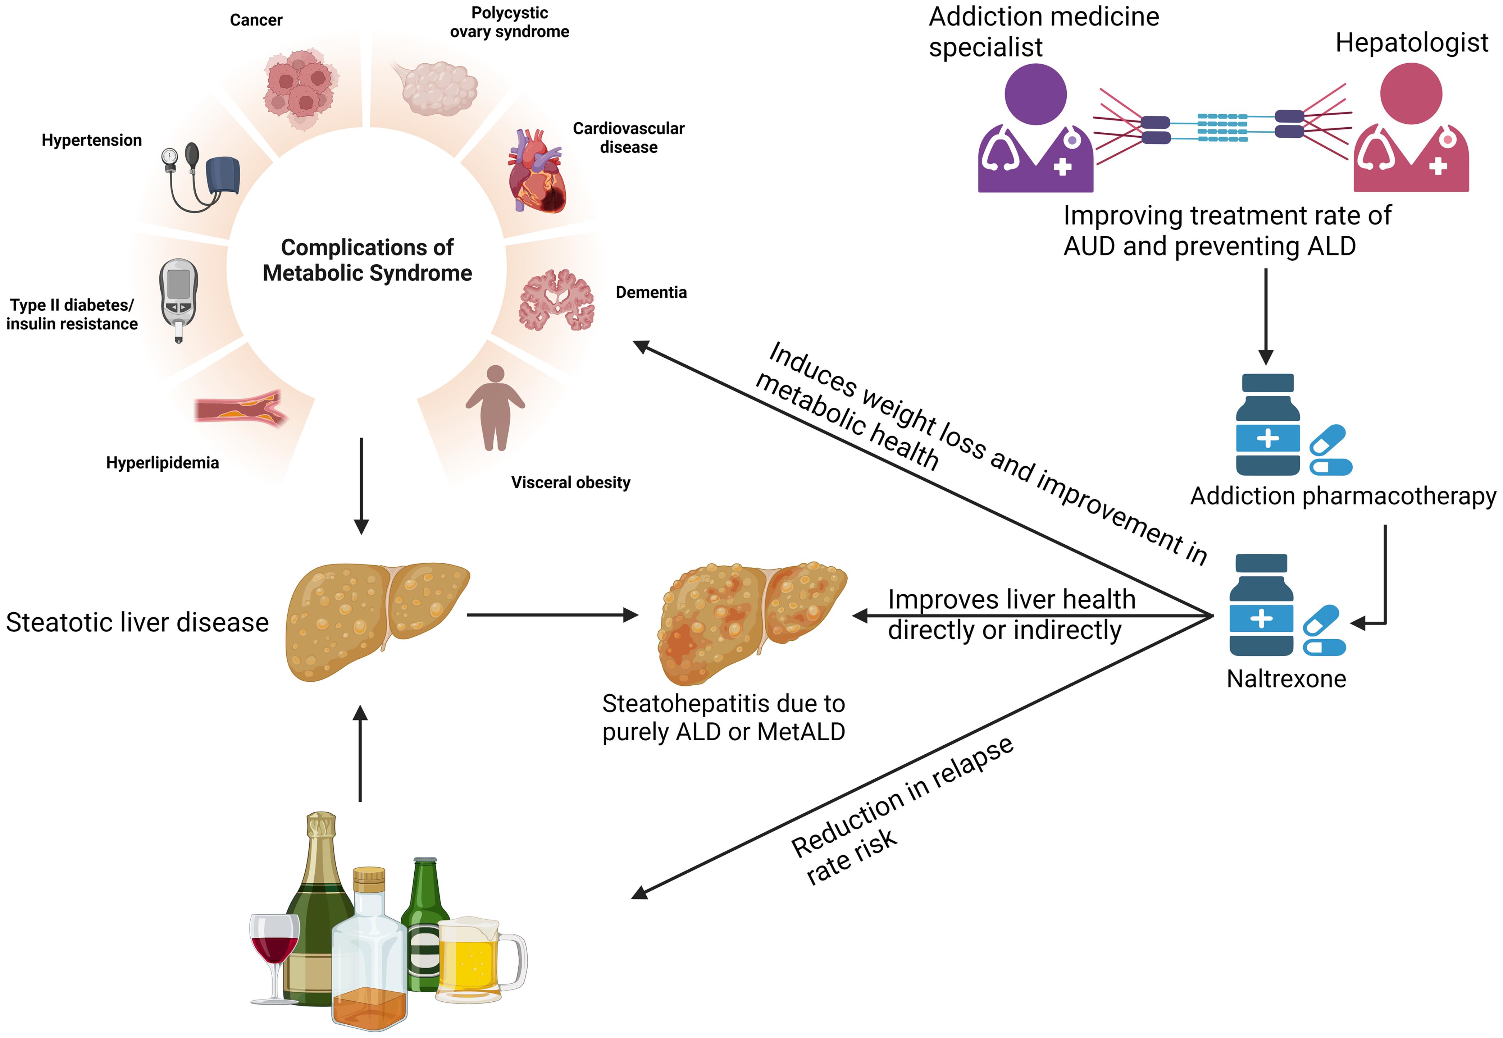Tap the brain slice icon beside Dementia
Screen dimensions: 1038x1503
point(556,301)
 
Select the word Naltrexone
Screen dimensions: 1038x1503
point(1286,679)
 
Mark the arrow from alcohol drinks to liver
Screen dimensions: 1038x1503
point(360,754)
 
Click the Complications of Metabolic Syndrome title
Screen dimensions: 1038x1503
point(367,260)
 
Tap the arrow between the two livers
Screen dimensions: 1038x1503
point(552,614)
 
